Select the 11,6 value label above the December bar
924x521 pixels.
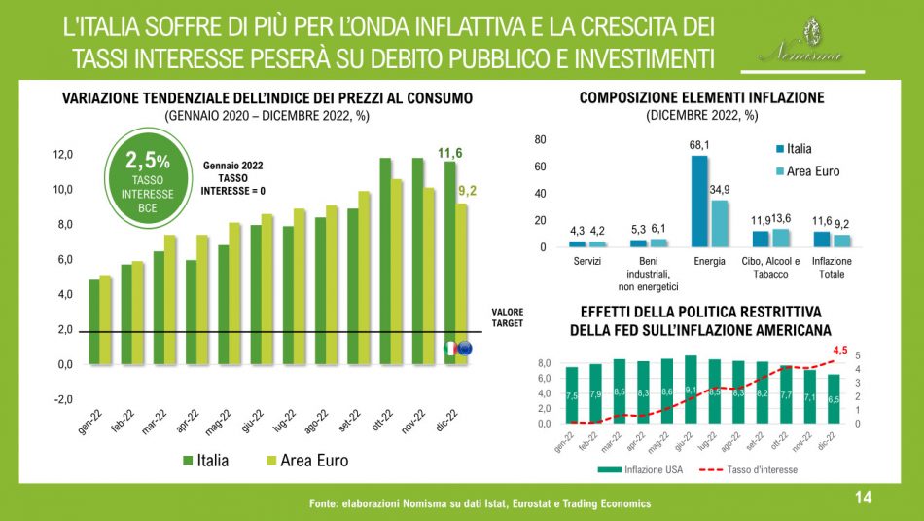(449, 153)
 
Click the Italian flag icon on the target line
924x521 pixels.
(450, 348)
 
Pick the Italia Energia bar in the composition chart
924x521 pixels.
(699, 201)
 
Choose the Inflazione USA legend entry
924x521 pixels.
(650, 468)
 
